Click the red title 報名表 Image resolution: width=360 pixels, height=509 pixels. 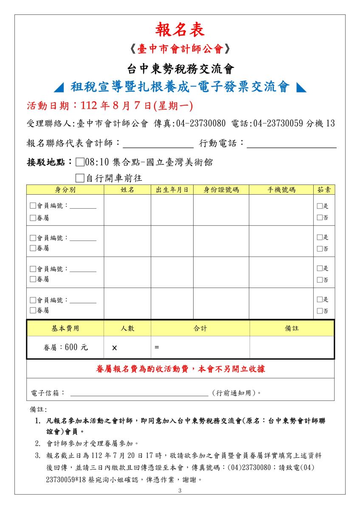[x=180, y=30]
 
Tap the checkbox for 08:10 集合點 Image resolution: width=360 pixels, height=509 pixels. [x=80, y=162]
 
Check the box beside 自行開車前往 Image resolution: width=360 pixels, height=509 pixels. [x=80, y=178]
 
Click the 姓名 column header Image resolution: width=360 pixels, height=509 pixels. [x=127, y=190]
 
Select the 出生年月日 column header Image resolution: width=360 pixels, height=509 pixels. [x=172, y=190]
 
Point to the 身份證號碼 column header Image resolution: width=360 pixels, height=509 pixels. [x=221, y=190]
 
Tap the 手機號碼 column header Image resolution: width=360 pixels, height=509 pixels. [x=281, y=190]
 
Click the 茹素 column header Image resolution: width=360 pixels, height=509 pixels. [x=324, y=190]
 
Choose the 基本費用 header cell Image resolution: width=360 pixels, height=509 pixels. [x=65, y=328]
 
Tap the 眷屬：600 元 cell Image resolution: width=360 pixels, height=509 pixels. [x=65, y=347]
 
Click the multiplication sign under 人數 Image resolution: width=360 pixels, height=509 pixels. [x=115, y=348]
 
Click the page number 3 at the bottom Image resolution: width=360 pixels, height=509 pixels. [x=180, y=491]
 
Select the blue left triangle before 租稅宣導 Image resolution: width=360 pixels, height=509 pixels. [x=60, y=87]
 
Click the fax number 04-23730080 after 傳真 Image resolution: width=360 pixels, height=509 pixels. [x=201, y=123]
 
